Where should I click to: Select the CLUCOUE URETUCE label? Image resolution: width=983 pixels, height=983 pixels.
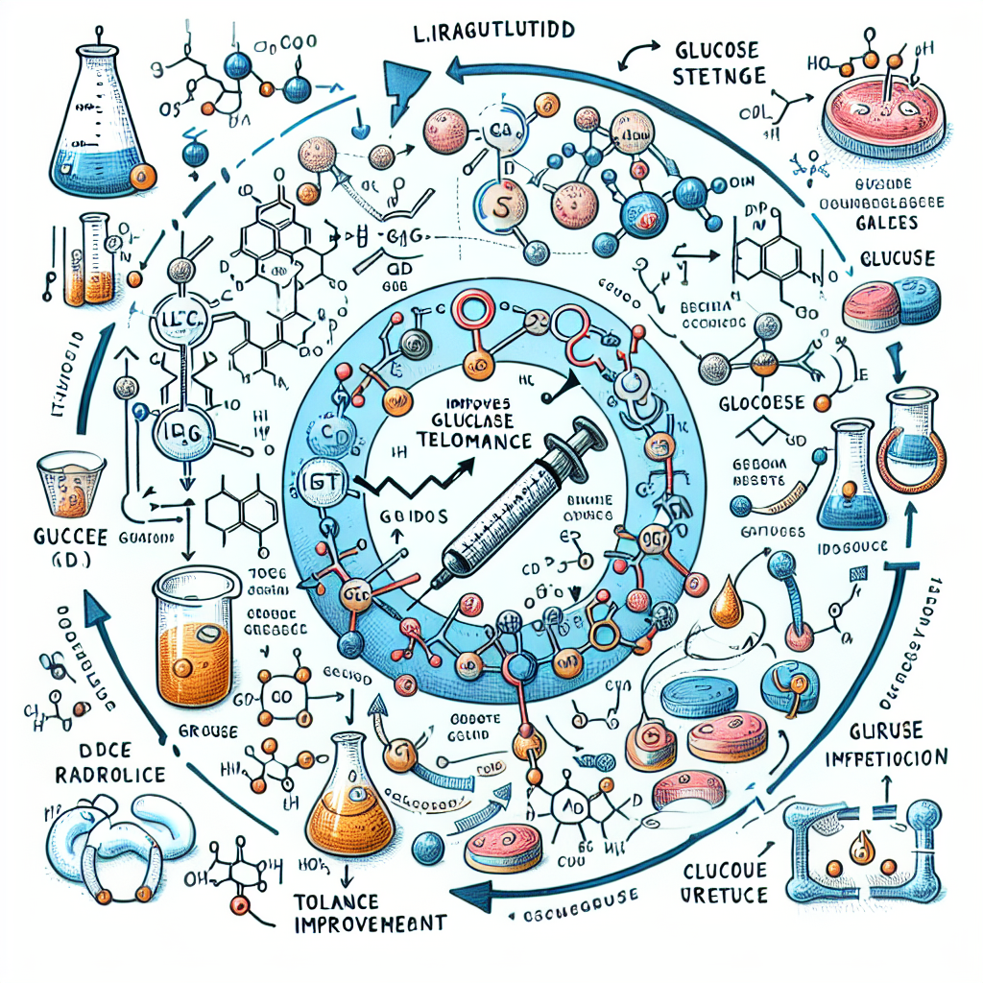click(x=725, y=883)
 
